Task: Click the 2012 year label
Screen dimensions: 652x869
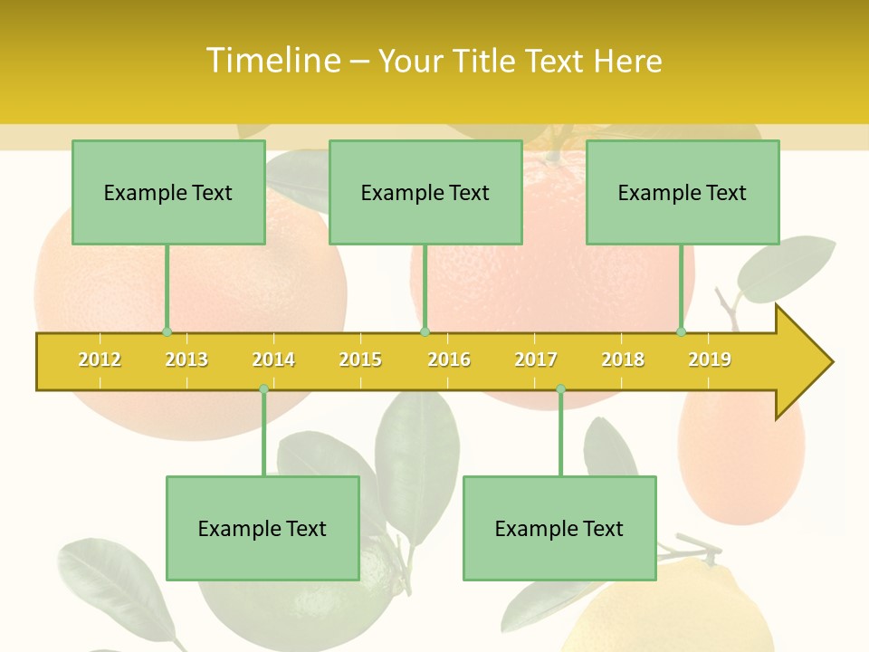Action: (x=100, y=360)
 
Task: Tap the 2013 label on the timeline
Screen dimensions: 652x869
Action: (x=186, y=360)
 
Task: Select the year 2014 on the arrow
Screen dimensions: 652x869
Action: (x=273, y=360)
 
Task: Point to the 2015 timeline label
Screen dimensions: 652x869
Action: (x=360, y=360)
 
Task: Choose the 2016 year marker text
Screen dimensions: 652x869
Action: (x=449, y=360)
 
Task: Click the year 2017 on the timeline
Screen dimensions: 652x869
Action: (x=536, y=360)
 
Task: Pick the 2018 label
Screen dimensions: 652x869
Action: (x=623, y=360)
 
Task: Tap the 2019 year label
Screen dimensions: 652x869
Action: (x=710, y=360)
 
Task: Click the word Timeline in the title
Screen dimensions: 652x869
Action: (x=272, y=61)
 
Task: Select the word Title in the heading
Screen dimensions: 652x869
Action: (x=485, y=62)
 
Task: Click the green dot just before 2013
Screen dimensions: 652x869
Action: (x=167, y=332)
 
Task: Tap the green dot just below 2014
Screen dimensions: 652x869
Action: (x=263, y=388)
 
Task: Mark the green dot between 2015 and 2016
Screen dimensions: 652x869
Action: (x=425, y=332)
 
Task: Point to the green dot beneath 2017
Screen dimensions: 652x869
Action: (x=560, y=388)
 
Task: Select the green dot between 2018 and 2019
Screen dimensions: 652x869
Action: (x=682, y=332)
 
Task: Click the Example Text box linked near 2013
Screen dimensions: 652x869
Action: (x=168, y=193)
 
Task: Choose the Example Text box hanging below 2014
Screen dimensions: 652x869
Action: (x=263, y=529)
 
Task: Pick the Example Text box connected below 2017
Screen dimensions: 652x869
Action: (x=559, y=529)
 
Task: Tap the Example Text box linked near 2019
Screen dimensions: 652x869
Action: (x=683, y=193)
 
